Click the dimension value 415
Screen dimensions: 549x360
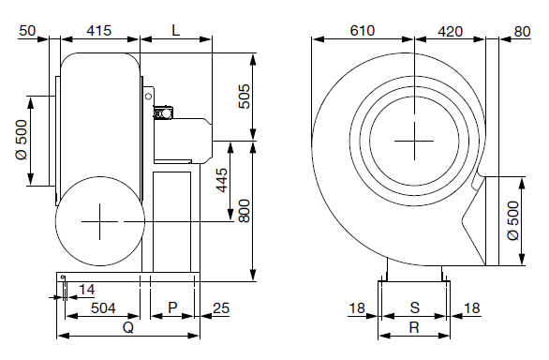99,31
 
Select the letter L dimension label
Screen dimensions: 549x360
176,31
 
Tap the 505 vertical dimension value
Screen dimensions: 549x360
245,97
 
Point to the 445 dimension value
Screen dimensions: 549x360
222,181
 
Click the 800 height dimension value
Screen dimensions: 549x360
245,211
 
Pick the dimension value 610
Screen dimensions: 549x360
363,31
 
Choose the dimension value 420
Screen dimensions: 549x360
451,32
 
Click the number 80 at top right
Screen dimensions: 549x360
523,32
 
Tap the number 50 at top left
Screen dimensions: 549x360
27,31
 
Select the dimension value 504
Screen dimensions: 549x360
103,308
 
